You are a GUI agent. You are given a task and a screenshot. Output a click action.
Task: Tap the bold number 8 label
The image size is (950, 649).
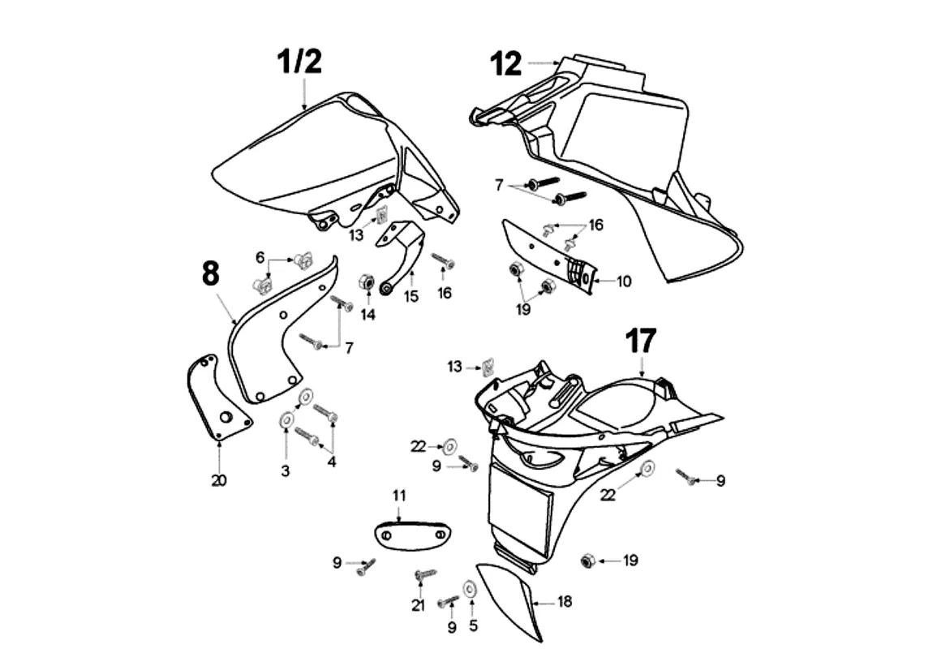pos(209,274)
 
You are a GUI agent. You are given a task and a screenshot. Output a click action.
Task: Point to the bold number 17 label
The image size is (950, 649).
pos(641,342)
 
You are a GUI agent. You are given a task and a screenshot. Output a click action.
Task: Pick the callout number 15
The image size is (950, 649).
pos(411,297)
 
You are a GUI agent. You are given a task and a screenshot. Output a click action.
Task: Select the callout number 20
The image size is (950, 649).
pos(219,480)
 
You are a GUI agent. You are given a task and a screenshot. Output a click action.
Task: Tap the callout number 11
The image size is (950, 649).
pos(399,495)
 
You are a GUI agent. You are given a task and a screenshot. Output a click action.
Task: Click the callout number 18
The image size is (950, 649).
pos(565,603)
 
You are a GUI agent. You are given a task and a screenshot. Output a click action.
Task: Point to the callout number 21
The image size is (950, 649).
pos(419,606)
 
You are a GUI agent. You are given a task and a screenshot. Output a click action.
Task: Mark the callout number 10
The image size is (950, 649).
pos(623,282)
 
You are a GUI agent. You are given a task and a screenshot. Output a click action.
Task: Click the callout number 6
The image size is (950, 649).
pos(260,257)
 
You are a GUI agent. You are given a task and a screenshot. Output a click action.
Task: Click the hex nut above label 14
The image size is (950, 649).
pos(366,282)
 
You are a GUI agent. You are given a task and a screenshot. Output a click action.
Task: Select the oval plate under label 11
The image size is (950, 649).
pos(412,535)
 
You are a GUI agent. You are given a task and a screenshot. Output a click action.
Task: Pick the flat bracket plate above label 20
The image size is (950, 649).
pos(215,398)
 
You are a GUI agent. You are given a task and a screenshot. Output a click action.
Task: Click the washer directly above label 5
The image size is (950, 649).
pos(470,587)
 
